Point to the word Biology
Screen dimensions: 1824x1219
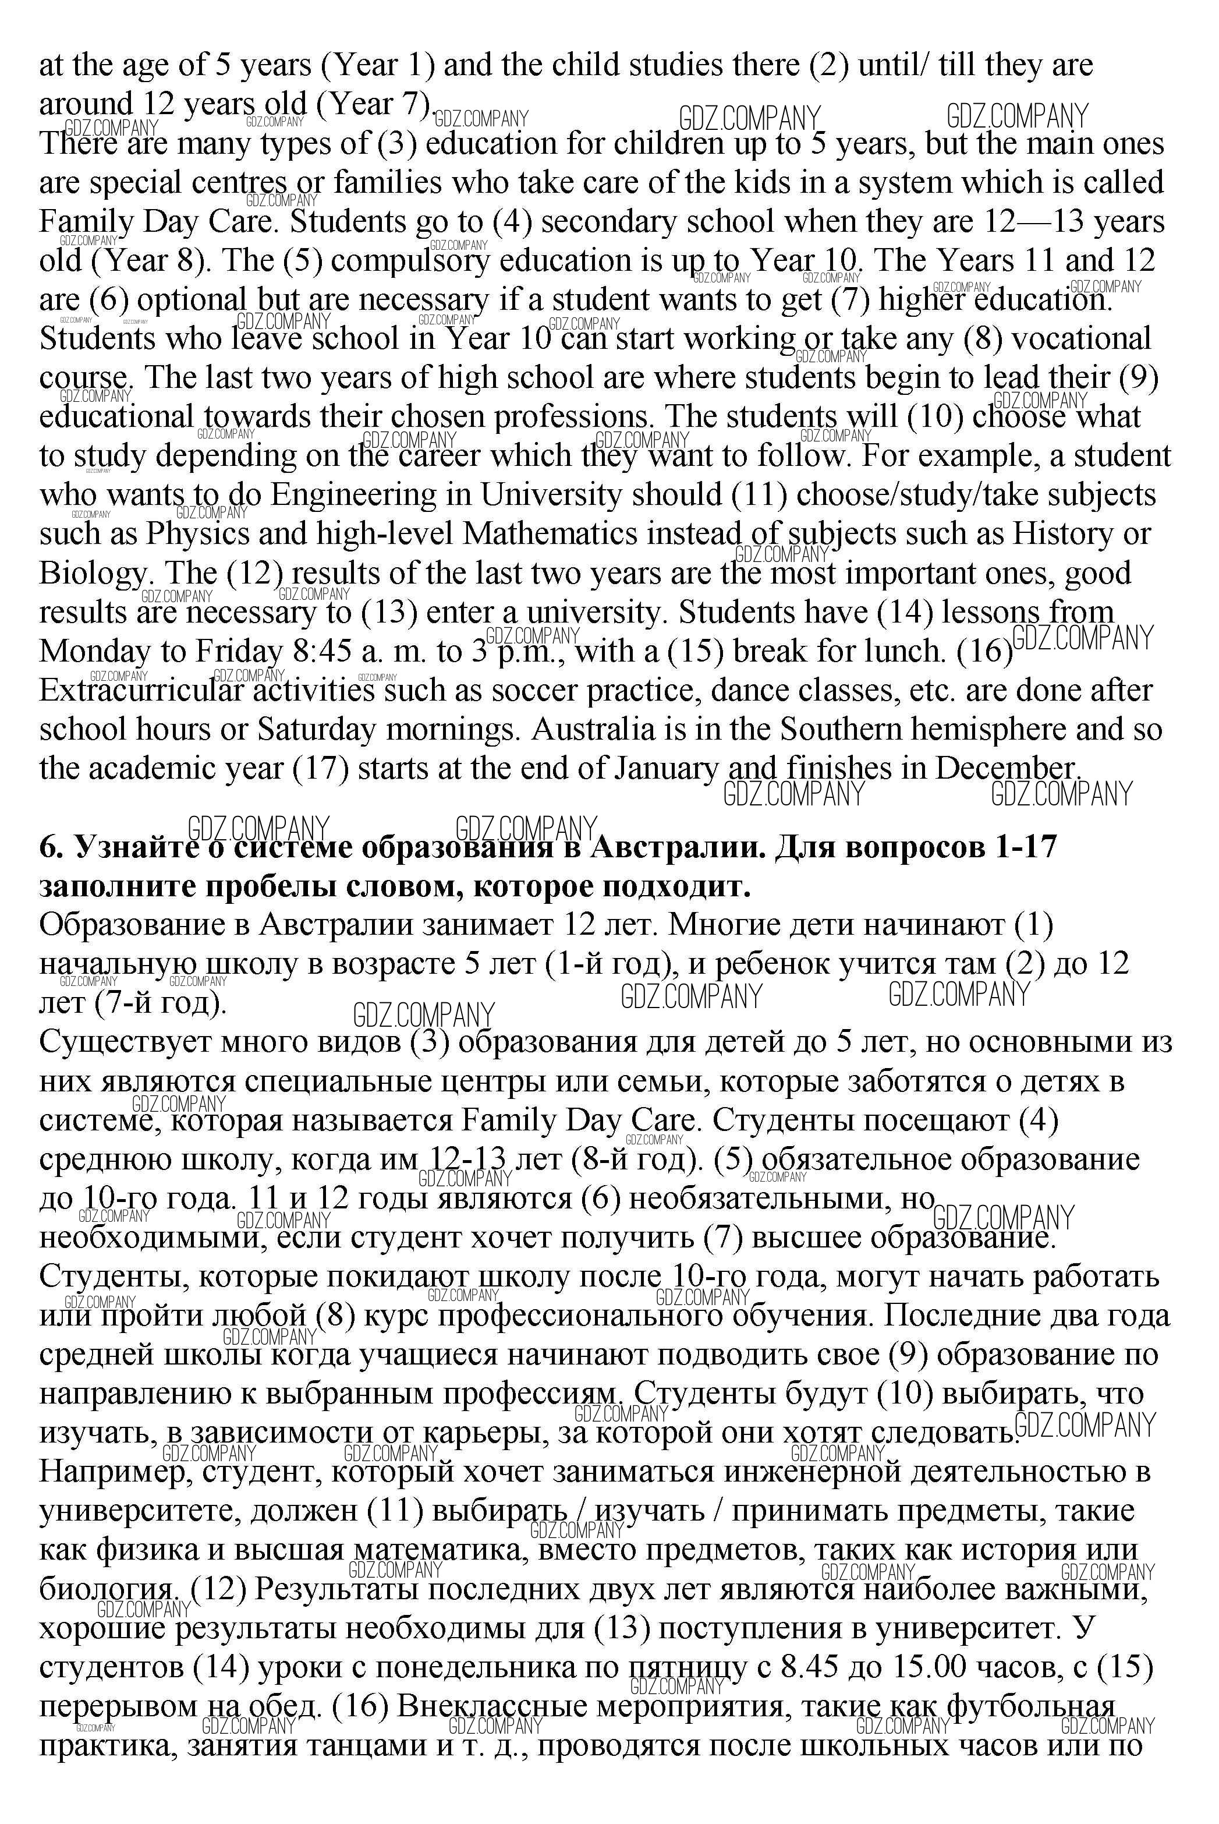click(93, 574)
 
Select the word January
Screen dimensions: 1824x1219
click(667, 768)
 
